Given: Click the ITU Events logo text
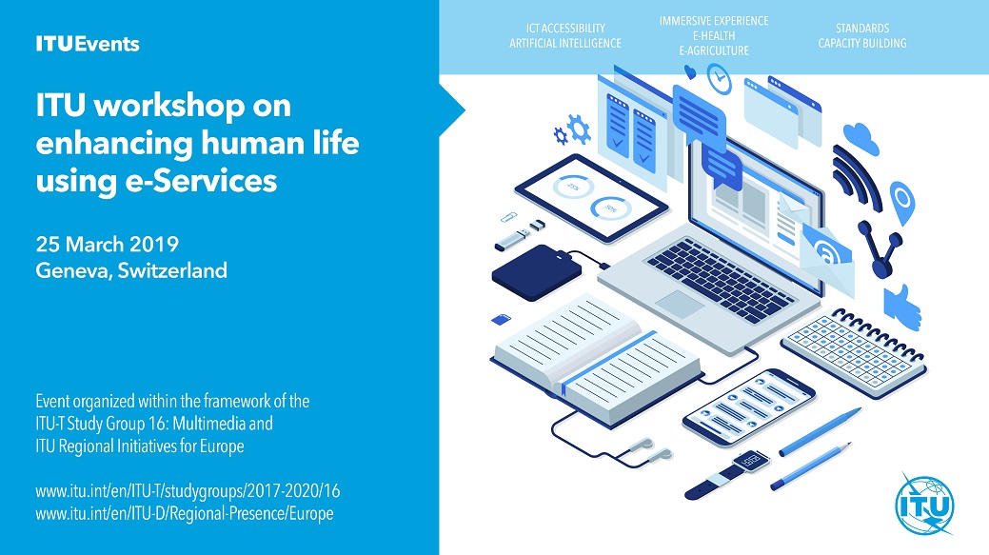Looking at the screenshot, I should click(x=88, y=44).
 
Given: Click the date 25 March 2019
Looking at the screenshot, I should click(x=108, y=243).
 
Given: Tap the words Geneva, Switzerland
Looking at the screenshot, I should click(x=131, y=270).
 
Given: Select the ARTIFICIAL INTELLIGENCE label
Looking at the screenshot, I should click(x=565, y=43).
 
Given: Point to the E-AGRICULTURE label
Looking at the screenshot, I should click(x=714, y=50).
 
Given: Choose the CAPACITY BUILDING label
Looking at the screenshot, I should click(x=862, y=43).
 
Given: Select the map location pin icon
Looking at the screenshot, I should click(x=901, y=201).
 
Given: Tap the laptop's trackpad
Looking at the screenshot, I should click(x=681, y=304).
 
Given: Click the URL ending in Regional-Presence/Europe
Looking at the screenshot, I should click(x=184, y=513).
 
